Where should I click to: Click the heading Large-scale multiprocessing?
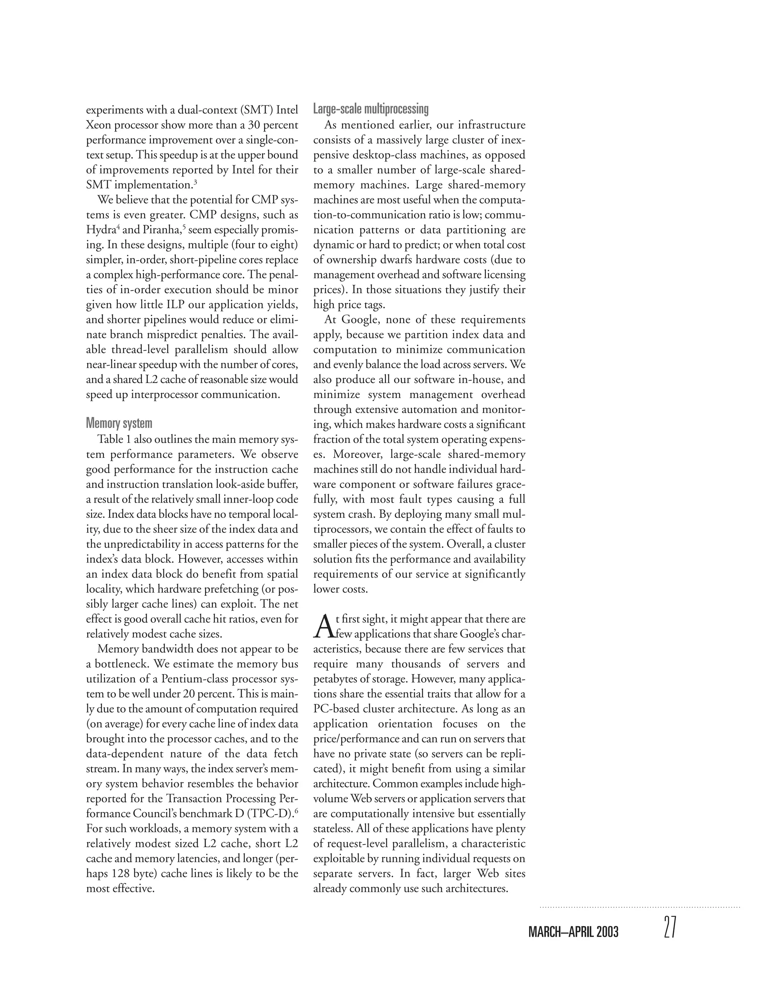pos(371,109)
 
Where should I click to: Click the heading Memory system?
pos(119,424)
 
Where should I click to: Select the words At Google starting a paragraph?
pos(347,320)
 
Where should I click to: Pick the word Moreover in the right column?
pos(358,454)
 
